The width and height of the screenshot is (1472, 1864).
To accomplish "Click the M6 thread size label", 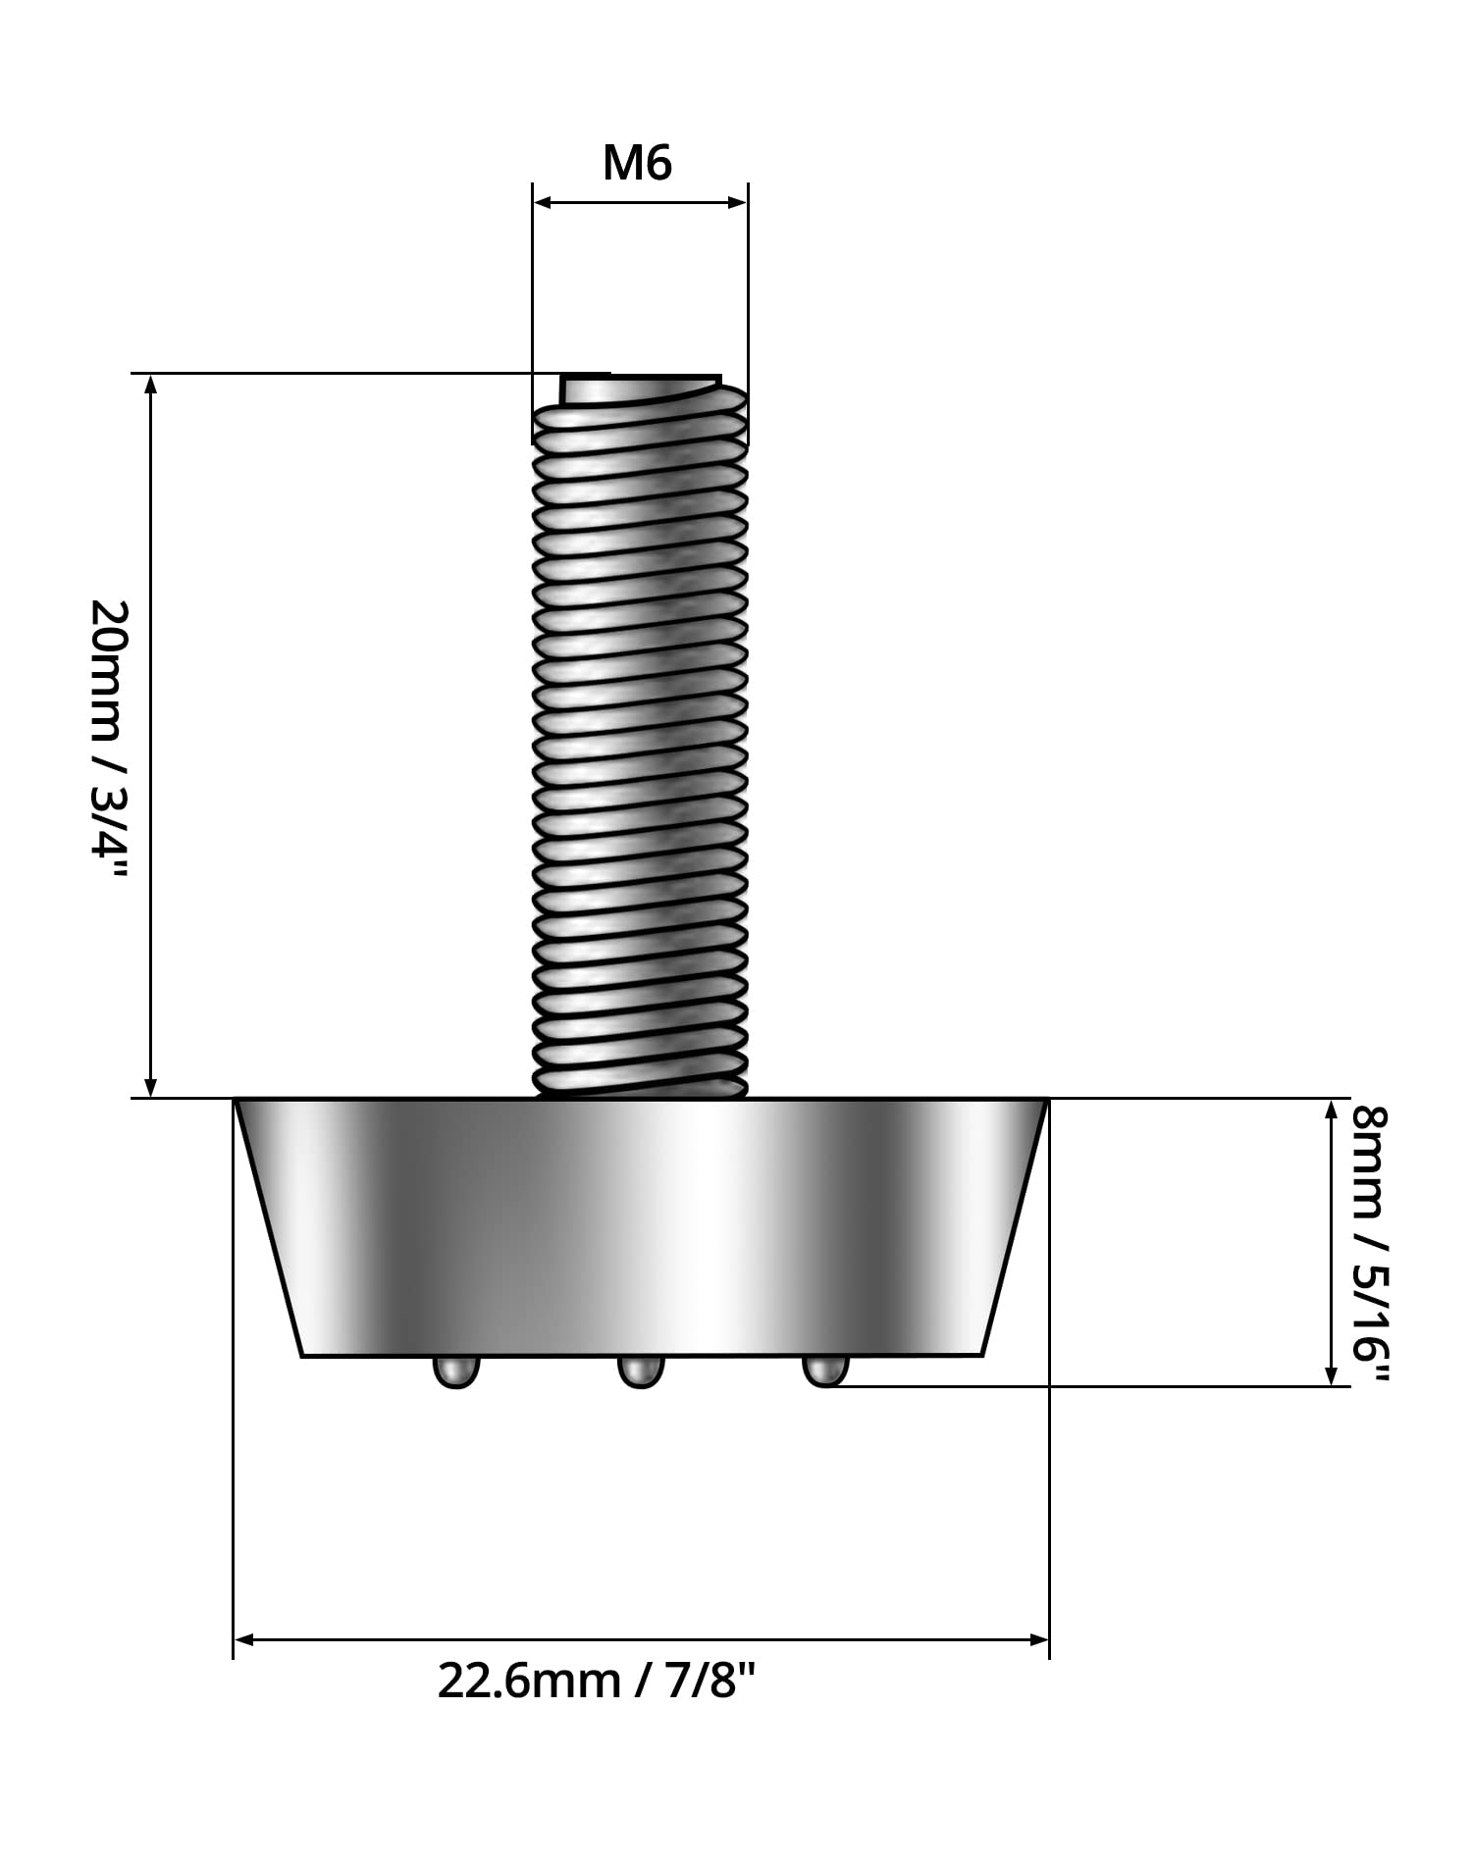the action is [x=637, y=163].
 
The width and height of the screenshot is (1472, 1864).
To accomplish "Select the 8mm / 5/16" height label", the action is [x=1369, y=1243].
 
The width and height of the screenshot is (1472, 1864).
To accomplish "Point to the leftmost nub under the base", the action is [x=456, y=1371].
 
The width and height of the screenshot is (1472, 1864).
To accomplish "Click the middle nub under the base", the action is [x=641, y=1371].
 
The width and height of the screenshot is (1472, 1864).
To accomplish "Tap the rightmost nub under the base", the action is [x=825, y=1371].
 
